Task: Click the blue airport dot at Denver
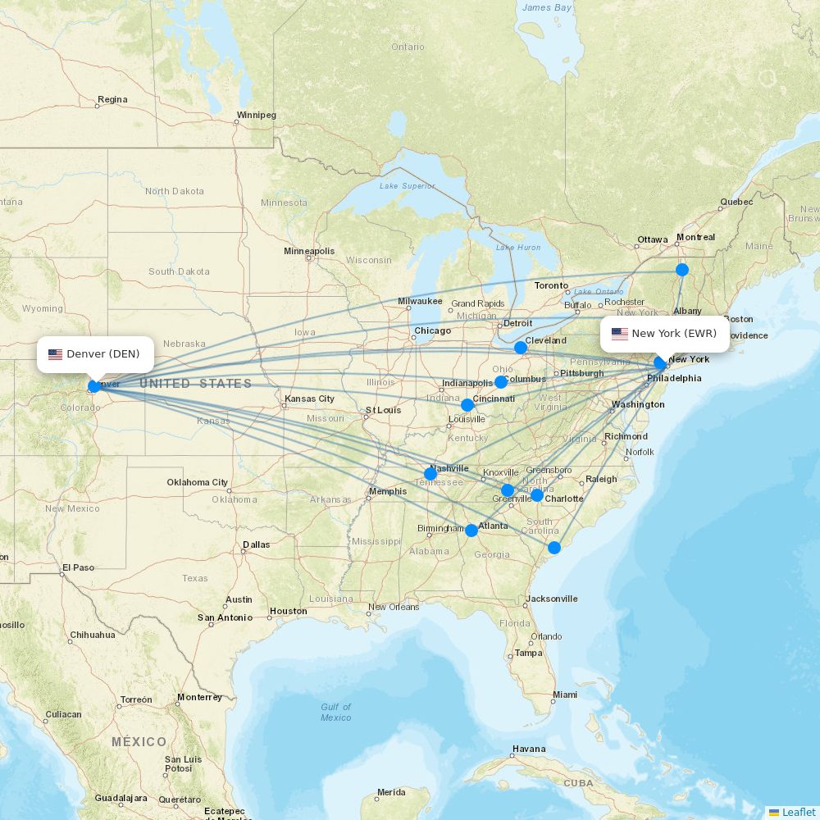pos(94,385)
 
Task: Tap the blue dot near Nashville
pos(430,474)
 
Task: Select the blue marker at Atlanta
pos(471,531)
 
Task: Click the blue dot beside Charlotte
pos(536,495)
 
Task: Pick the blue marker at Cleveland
pos(520,348)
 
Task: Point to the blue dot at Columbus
pos(501,382)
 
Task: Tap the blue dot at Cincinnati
pos(467,405)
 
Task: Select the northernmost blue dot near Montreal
pos(682,270)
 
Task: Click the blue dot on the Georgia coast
pos(554,548)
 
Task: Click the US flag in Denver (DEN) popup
pos(56,354)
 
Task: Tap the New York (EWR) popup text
pos(674,334)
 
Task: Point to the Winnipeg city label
pos(257,116)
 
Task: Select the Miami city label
pos(564,695)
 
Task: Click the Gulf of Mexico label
pos(335,712)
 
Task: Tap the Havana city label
pos(529,749)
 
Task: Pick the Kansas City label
pos(309,399)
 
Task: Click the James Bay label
pos(547,7)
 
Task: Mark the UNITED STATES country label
pos(195,384)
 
